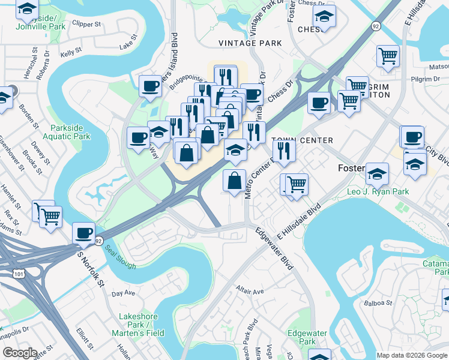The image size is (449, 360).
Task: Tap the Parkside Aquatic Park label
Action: pos(70,132)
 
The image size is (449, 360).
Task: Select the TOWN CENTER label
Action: pos(303,140)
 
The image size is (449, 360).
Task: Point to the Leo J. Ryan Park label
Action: pos(378,192)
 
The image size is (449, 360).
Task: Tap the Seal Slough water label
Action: pos(120,257)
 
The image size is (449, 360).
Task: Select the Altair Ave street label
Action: pos(250,292)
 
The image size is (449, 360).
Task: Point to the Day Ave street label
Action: pos(124,293)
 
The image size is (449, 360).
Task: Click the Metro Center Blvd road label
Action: pos(259,172)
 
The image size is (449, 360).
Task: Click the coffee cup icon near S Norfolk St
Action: pos(84,232)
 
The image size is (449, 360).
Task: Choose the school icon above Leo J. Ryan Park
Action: pos(377,173)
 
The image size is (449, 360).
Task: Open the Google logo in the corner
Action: pos(20,353)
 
